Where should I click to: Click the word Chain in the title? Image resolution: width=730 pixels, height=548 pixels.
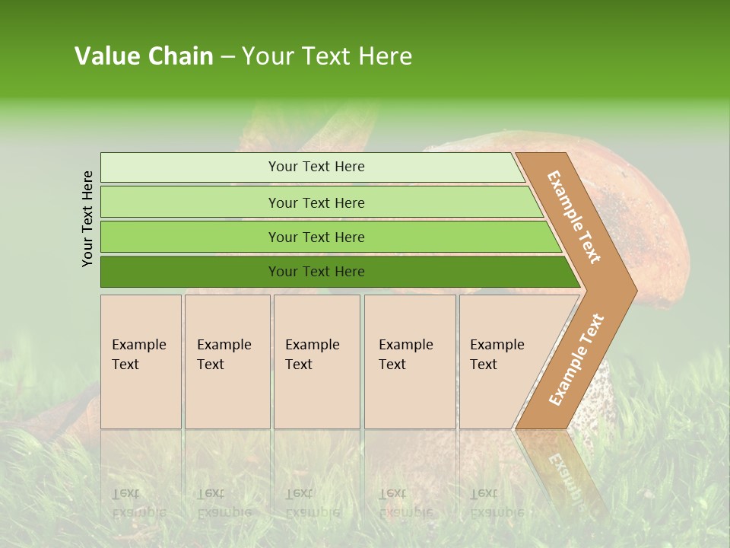click(181, 56)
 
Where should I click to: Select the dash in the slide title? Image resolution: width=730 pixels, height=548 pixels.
click(227, 57)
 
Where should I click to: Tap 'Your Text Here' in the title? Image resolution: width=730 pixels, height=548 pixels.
click(327, 56)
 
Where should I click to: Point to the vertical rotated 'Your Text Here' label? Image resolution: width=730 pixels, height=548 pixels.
click(87, 218)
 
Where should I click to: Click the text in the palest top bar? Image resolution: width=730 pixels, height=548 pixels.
click(316, 167)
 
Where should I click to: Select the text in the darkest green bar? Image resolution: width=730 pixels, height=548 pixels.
click(316, 272)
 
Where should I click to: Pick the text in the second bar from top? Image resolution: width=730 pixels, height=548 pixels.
click(316, 203)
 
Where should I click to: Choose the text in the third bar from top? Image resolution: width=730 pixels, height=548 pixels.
click(316, 237)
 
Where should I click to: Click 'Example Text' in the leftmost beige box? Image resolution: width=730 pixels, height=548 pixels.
click(138, 355)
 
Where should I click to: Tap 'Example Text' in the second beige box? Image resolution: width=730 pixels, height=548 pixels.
click(224, 355)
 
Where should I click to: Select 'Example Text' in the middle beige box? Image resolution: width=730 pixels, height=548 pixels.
click(312, 355)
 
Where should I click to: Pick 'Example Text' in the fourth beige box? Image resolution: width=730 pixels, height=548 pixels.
click(405, 355)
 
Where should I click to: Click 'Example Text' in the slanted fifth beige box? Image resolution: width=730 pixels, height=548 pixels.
click(497, 355)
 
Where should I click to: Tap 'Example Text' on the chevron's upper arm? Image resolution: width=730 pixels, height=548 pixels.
click(574, 217)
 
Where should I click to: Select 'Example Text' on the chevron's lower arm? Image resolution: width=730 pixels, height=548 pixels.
click(576, 359)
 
